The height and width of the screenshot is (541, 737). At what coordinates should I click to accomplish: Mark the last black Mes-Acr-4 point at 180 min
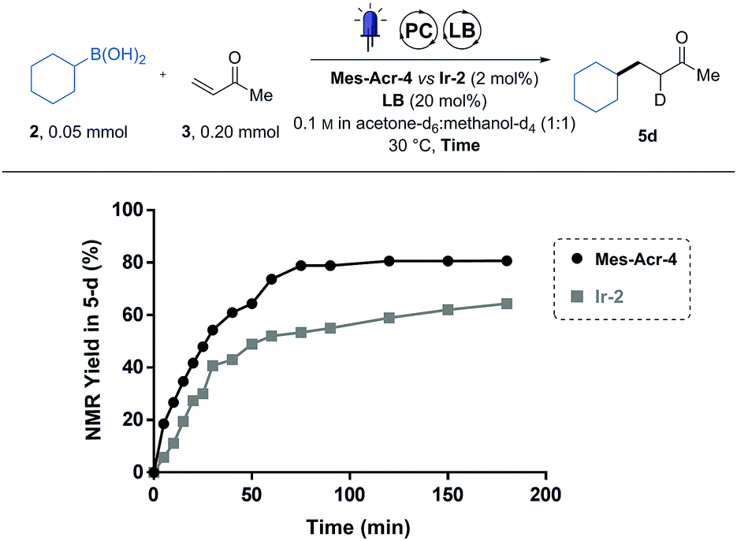tap(507, 261)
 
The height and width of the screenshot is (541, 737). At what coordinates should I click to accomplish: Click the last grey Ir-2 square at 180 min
tap(507, 304)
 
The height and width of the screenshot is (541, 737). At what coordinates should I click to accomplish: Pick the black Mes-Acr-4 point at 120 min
tap(389, 261)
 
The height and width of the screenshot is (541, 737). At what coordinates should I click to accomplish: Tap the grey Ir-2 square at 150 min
tap(448, 310)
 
